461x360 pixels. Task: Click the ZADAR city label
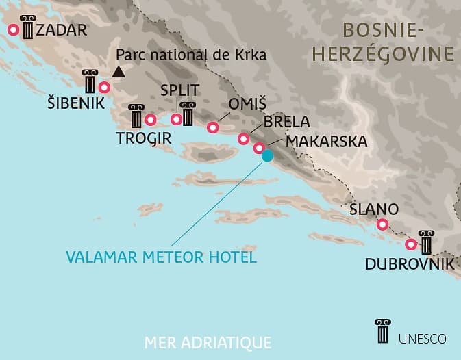point(62,30)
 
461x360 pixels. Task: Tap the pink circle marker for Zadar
point(13,30)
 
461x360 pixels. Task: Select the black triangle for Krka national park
point(119,70)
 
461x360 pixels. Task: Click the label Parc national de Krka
point(191,55)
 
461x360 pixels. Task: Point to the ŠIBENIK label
point(75,104)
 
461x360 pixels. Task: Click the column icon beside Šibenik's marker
point(89,81)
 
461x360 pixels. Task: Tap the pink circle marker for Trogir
point(151,120)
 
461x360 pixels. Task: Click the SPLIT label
point(179,90)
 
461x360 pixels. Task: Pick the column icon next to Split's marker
point(188,114)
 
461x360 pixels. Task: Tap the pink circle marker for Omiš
point(213,127)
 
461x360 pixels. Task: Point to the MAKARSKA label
point(326,141)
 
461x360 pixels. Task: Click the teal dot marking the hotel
point(268,155)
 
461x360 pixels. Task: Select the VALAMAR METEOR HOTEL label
point(161,258)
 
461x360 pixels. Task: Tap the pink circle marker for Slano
point(383,224)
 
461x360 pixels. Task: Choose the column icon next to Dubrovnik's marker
point(426,242)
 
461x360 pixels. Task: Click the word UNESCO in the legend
point(421,338)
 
